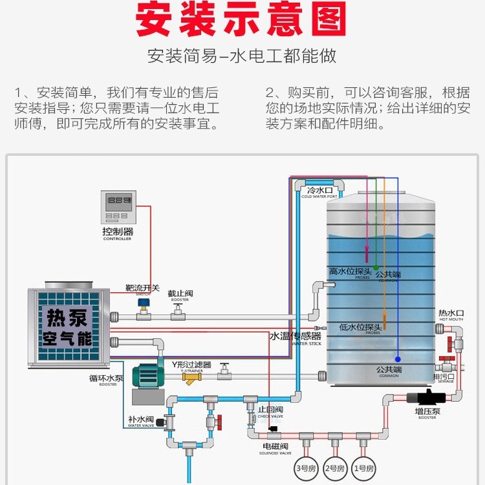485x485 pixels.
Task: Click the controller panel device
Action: coord(118,207)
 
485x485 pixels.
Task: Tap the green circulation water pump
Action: coord(149,374)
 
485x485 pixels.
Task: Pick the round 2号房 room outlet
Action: coord(334,467)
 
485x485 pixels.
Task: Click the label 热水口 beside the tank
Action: coord(451,312)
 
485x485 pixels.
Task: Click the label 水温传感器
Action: coord(296,336)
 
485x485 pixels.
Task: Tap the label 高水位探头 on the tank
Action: coord(350,271)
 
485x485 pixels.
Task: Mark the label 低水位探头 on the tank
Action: coord(360,327)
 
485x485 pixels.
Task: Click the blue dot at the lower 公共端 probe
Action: coord(398,359)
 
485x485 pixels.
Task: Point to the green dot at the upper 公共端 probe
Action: coord(376,267)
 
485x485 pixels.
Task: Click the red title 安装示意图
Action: coord(242,22)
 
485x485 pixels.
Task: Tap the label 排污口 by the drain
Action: coord(444,377)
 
